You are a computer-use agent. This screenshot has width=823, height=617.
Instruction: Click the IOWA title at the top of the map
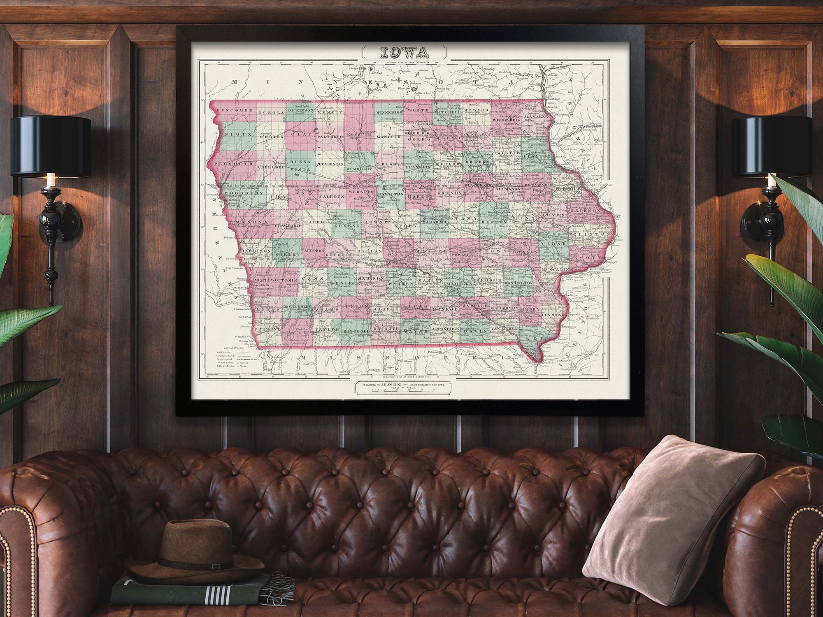click(404, 52)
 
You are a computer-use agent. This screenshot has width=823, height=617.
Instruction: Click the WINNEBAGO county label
click(388, 111)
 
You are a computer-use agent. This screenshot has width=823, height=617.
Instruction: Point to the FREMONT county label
click(267, 329)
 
